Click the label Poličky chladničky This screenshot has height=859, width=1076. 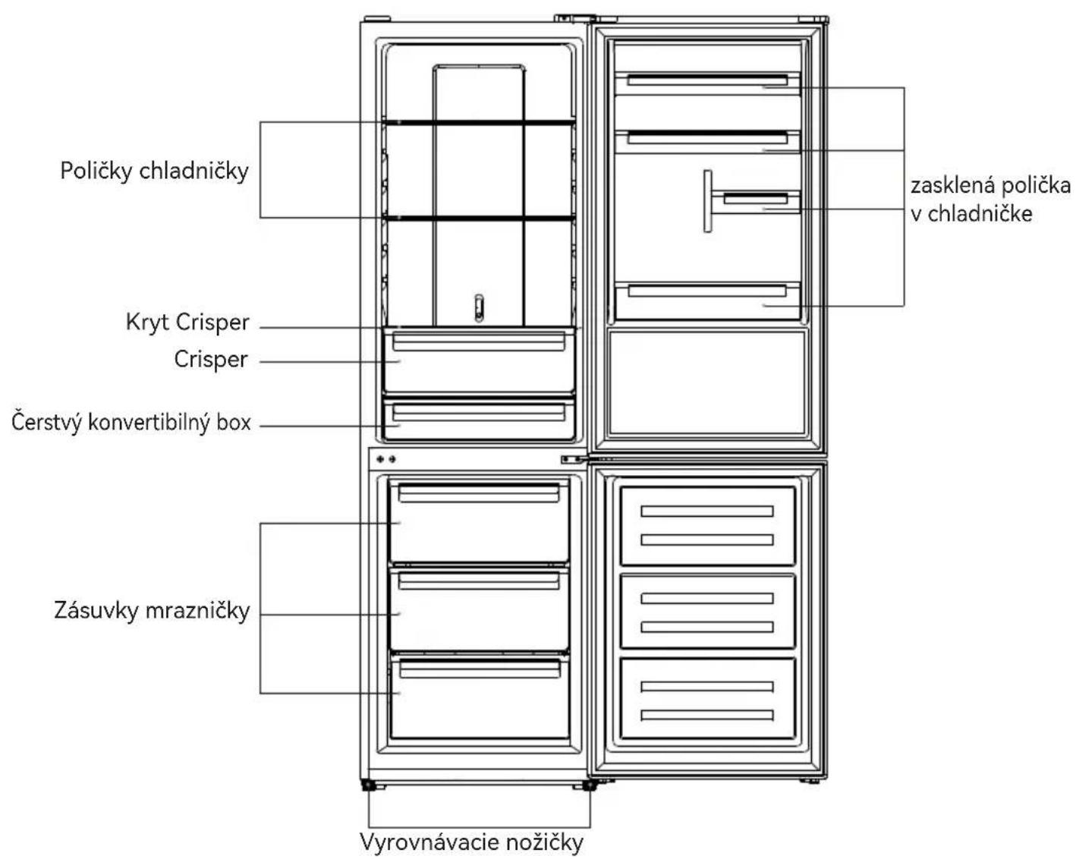[155, 171]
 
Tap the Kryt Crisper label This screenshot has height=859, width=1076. [187, 323]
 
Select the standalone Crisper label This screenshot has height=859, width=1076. [211, 360]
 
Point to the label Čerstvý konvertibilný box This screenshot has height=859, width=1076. [131, 423]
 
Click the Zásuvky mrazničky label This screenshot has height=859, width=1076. [152, 611]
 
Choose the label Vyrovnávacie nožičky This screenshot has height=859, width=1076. [471, 842]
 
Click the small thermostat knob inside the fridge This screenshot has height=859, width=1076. [479, 308]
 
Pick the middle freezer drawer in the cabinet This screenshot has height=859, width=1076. [479, 609]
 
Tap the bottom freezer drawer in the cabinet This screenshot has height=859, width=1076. [479, 697]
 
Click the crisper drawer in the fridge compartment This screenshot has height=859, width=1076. [479, 361]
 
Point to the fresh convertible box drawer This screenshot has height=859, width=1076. [479, 419]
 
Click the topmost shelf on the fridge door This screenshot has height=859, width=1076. [707, 83]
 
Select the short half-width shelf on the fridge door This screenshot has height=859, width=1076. [755, 202]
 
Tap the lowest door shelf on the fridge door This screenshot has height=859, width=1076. [707, 301]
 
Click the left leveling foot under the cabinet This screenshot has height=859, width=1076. [370, 785]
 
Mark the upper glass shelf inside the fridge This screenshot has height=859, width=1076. [479, 122]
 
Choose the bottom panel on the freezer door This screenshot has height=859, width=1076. [707, 699]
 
